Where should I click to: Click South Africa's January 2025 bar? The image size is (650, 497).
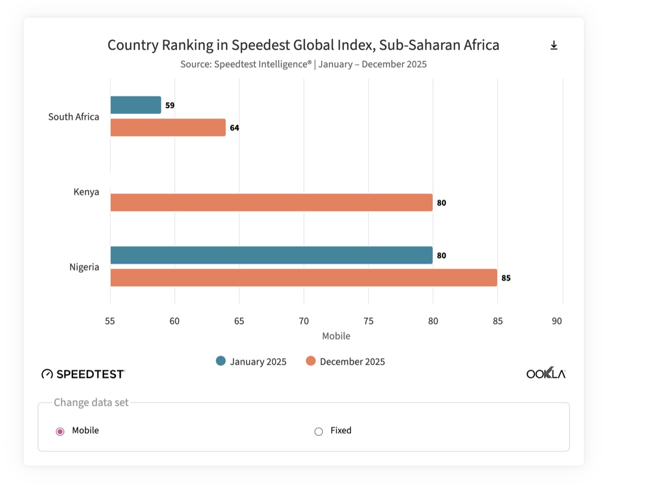(x=135, y=105)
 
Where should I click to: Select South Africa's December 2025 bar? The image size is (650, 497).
(x=168, y=128)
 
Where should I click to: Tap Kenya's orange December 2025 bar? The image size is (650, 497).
(x=271, y=203)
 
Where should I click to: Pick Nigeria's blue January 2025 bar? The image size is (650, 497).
(x=271, y=255)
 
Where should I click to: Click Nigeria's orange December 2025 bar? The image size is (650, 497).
(x=303, y=278)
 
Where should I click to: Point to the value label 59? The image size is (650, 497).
(x=170, y=106)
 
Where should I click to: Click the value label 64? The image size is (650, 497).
(x=235, y=128)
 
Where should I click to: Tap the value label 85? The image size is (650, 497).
(x=506, y=279)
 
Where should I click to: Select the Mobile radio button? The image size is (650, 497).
(x=60, y=431)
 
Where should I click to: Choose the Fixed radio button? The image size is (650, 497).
(x=318, y=431)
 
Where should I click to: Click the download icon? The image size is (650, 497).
(x=554, y=46)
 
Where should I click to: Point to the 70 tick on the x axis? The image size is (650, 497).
(x=304, y=321)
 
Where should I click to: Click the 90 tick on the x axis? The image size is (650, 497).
(x=557, y=321)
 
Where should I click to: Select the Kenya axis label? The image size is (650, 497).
(x=86, y=192)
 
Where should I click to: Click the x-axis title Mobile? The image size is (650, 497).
(x=336, y=336)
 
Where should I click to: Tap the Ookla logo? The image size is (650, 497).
(x=545, y=374)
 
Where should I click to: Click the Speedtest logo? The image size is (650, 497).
(x=83, y=374)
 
